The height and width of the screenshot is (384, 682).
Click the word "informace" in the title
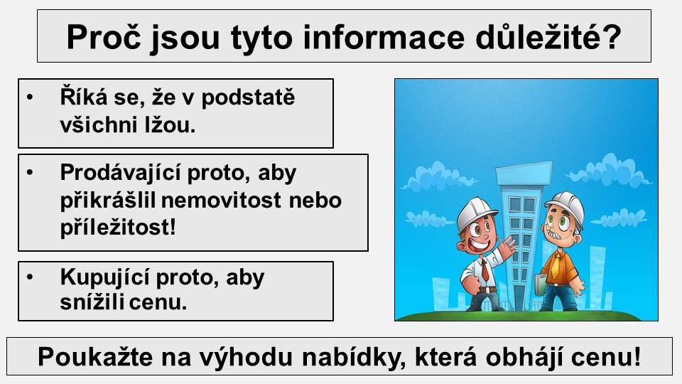(x=384, y=37)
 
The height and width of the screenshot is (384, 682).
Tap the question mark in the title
(x=611, y=37)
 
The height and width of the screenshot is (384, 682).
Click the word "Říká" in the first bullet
(x=84, y=96)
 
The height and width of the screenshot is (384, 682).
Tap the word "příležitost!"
(x=118, y=228)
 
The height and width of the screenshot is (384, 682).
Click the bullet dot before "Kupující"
(x=30, y=277)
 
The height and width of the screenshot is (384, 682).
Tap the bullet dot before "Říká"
(x=30, y=96)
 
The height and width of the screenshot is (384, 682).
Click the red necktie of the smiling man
(x=485, y=270)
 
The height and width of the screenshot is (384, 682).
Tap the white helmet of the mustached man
(x=565, y=204)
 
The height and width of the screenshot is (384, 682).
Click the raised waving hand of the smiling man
(x=506, y=247)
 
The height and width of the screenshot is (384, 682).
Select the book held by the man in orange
(x=540, y=284)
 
